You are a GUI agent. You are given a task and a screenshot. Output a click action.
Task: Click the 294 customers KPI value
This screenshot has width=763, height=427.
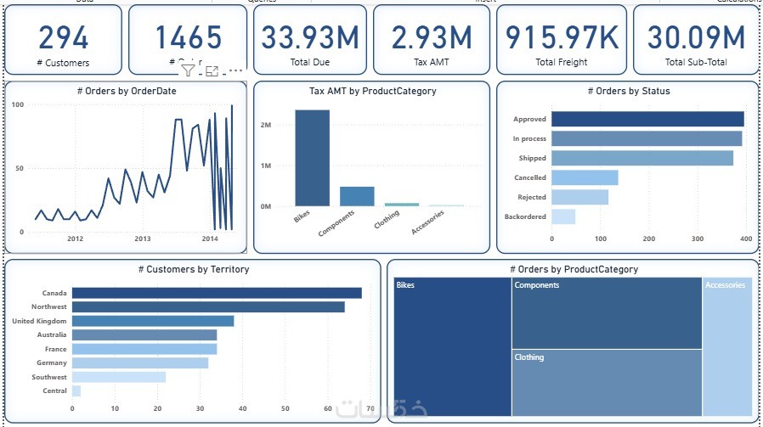click(65, 37)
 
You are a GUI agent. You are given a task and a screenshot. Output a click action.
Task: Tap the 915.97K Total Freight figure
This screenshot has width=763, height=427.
click(561, 37)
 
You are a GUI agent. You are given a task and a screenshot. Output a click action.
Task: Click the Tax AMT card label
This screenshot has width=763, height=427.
click(432, 62)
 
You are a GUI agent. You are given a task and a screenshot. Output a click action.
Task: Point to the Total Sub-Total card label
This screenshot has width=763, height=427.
click(696, 62)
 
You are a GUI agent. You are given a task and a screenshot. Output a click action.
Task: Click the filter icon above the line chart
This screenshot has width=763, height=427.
click(188, 71)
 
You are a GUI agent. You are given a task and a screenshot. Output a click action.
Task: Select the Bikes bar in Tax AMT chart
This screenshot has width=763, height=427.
click(313, 158)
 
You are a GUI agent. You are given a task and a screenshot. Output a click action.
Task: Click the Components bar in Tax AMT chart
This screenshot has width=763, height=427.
click(357, 196)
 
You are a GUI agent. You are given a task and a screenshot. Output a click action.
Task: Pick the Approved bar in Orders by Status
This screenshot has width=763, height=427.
click(647, 119)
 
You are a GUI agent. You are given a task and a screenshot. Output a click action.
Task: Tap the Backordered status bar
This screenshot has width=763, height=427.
click(562, 216)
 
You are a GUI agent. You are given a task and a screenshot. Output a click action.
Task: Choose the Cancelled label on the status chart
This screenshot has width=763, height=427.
click(530, 178)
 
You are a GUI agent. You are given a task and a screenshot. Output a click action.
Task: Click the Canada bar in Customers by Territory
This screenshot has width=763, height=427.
click(217, 293)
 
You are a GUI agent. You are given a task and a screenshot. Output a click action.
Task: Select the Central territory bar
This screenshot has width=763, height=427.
click(76, 391)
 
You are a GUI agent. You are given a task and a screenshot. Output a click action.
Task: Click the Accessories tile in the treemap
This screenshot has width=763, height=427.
click(728, 348)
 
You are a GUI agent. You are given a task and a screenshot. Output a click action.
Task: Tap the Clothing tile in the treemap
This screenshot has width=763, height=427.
click(607, 383)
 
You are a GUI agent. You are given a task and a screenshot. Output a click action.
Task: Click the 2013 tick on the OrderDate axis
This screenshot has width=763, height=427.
click(142, 239)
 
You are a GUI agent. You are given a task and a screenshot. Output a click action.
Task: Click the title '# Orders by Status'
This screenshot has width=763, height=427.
click(628, 91)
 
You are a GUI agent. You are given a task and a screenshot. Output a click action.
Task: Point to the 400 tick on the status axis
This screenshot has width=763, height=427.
click(746, 239)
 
